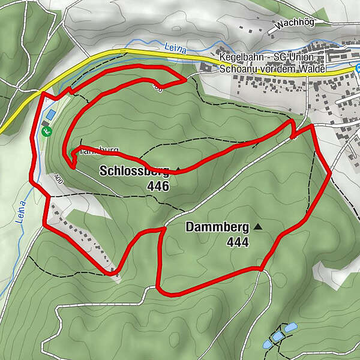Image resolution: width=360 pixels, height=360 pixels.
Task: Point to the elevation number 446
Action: [x=158, y=186]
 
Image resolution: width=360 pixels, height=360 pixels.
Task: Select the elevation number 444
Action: [x=238, y=242]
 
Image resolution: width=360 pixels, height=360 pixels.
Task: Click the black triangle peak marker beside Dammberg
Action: [x=258, y=226]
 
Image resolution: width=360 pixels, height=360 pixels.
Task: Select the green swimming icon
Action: [x=44, y=128]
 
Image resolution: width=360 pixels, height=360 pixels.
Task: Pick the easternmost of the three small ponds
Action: [x=291, y=328]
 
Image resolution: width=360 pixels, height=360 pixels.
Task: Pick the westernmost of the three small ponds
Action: [x=267, y=344]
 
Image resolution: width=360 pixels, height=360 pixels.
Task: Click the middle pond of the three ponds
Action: [x=277, y=337]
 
